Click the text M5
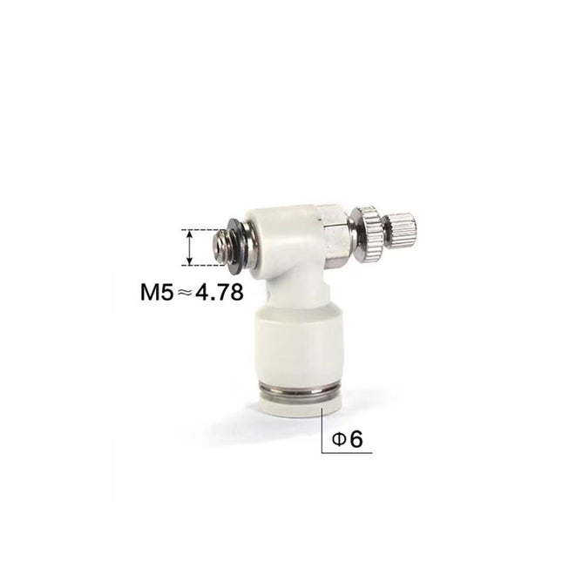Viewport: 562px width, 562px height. [x=157, y=292]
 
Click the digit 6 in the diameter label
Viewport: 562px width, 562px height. [x=355, y=439]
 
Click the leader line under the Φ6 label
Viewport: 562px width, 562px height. [x=349, y=452]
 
